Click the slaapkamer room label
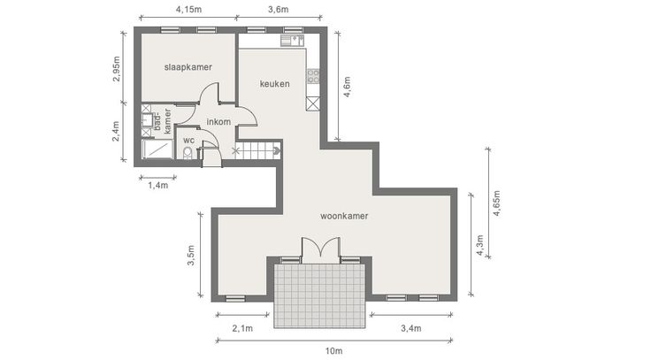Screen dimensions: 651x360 (188, 67)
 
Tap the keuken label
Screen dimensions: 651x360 (275, 84)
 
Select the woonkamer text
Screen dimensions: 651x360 (344, 216)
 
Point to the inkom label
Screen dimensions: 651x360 (218, 122)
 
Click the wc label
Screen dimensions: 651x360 (189, 141)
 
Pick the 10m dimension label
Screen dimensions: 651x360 (333, 351)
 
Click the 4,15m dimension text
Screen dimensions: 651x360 (188, 9)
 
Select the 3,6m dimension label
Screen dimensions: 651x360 (278, 9)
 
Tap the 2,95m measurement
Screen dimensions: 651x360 (116, 68)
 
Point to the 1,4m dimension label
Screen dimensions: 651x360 (158, 185)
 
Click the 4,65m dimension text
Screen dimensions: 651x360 (496, 203)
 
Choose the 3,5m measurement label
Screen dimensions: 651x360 (191, 256)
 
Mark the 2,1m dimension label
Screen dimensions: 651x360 (242, 328)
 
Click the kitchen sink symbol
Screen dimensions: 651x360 (292, 41)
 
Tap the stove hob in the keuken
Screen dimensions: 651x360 (313, 76)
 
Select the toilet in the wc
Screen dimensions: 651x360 (188, 153)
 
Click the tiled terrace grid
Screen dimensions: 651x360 (319, 295)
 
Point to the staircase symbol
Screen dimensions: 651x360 (257, 150)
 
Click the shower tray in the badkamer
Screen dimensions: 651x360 (157, 149)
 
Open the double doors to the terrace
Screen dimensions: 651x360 (320, 250)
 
